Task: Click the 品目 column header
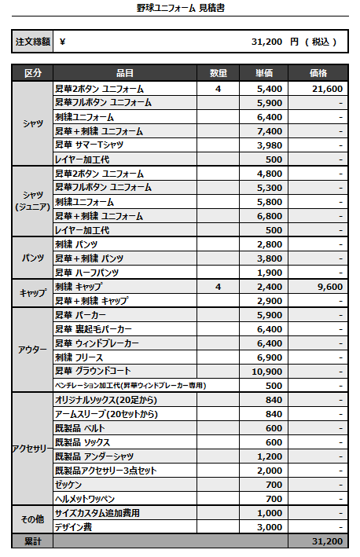(x=123, y=73)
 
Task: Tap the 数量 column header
(x=219, y=73)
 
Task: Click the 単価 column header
(x=265, y=73)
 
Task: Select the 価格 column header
(x=318, y=73)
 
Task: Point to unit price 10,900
(x=264, y=371)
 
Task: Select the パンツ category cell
(x=33, y=258)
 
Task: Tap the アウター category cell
(x=33, y=350)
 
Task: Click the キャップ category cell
(x=33, y=293)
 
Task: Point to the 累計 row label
(x=33, y=541)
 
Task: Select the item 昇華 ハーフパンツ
(x=87, y=273)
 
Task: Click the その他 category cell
(x=33, y=520)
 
